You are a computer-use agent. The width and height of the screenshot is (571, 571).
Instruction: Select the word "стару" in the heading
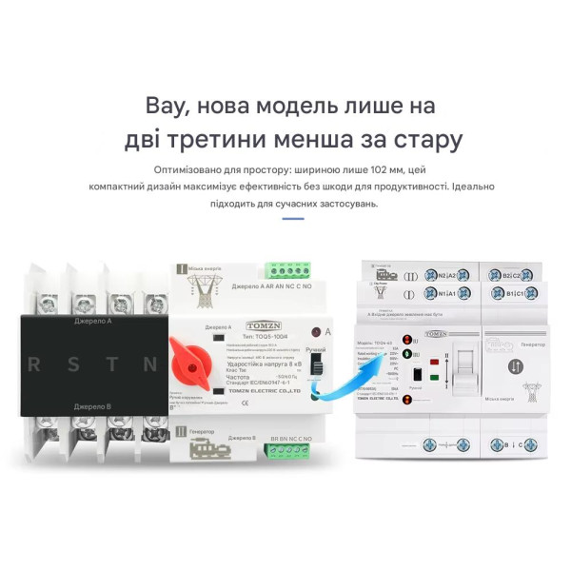click(425, 140)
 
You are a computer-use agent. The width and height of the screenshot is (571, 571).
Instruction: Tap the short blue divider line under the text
click(293, 219)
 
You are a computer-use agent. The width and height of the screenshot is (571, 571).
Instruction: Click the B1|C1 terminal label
click(515, 296)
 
